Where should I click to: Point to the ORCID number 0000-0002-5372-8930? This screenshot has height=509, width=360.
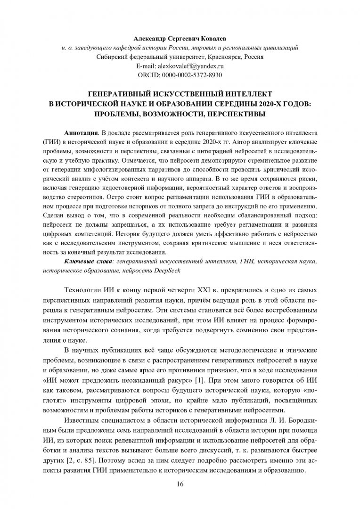coord(192,75)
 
